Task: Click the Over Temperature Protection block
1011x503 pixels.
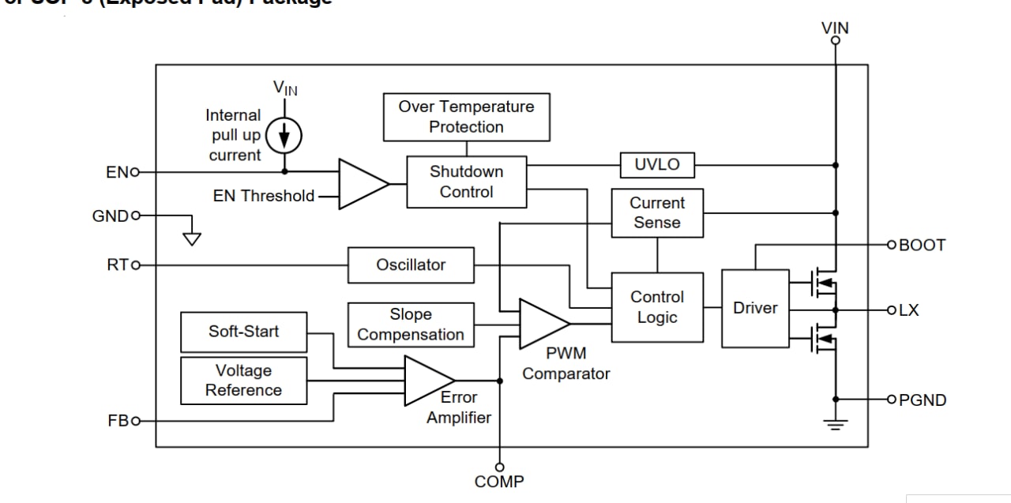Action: point(466,117)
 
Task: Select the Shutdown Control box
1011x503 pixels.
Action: point(466,182)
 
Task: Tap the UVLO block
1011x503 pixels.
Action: point(656,165)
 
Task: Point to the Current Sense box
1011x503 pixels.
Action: point(657,212)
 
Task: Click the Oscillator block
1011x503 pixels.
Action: point(411,265)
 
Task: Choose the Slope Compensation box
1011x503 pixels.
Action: point(411,325)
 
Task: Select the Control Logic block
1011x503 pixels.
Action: point(657,307)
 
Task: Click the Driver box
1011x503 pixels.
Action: point(755,308)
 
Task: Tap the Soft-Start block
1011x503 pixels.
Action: point(243,332)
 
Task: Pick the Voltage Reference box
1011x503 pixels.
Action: point(243,381)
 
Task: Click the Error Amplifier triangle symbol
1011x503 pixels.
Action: point(427,381)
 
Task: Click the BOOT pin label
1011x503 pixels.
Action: point(922,245)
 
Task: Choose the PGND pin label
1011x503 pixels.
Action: point(922,400)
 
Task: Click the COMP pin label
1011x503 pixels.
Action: point(499,481)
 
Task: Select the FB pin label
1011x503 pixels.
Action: point(118,421)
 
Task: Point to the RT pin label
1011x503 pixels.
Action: point(118,265)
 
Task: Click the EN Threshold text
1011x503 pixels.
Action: point(264,196)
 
